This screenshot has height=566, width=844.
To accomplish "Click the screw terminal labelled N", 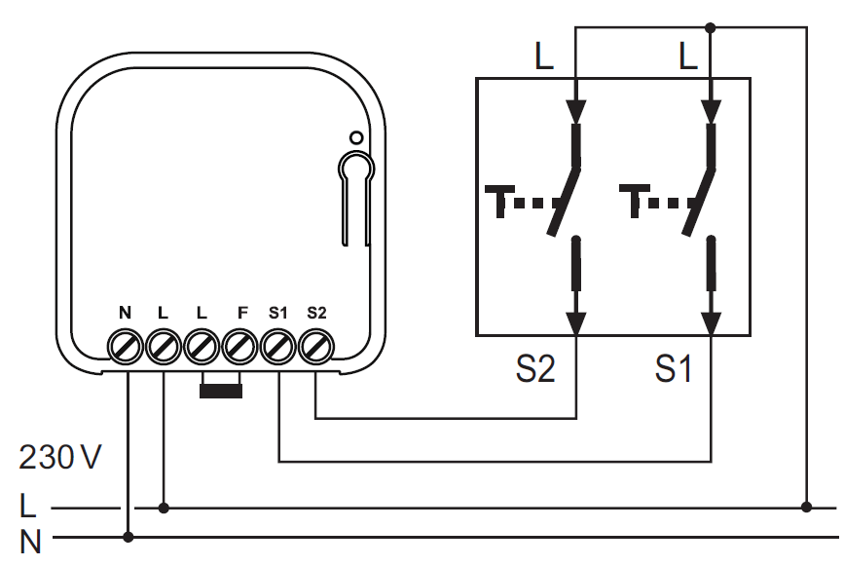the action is click(126, 347).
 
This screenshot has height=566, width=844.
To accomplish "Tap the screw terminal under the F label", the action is click(240, 347).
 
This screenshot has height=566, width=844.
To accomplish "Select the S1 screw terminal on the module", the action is click(278, 347).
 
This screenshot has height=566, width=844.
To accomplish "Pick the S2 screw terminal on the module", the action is click(316, 347).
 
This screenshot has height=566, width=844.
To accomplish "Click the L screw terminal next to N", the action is click(164, 347).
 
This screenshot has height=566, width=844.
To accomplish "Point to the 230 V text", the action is click(59, 457).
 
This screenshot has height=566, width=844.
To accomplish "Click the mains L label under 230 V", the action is click(27, 507).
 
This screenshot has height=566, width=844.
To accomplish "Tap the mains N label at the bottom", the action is click(30, 542).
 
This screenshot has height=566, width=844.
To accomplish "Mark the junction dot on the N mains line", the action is click(128, 537).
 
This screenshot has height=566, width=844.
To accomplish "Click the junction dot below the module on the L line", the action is click(164, 508).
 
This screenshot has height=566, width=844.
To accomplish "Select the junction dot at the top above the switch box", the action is click(711, 27).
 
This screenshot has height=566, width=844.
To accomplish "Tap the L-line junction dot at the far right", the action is click(806, 507).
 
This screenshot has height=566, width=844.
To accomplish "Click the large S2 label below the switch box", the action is click(535, 369).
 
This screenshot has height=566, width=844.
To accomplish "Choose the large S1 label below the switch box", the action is click(674, 369).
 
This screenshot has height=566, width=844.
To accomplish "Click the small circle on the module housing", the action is click(356, 138).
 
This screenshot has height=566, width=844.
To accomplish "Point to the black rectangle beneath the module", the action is click(221, 391).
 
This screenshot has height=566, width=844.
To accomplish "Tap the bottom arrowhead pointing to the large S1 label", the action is click(711, 324).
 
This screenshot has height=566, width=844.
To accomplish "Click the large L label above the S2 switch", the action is click(544, 56).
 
